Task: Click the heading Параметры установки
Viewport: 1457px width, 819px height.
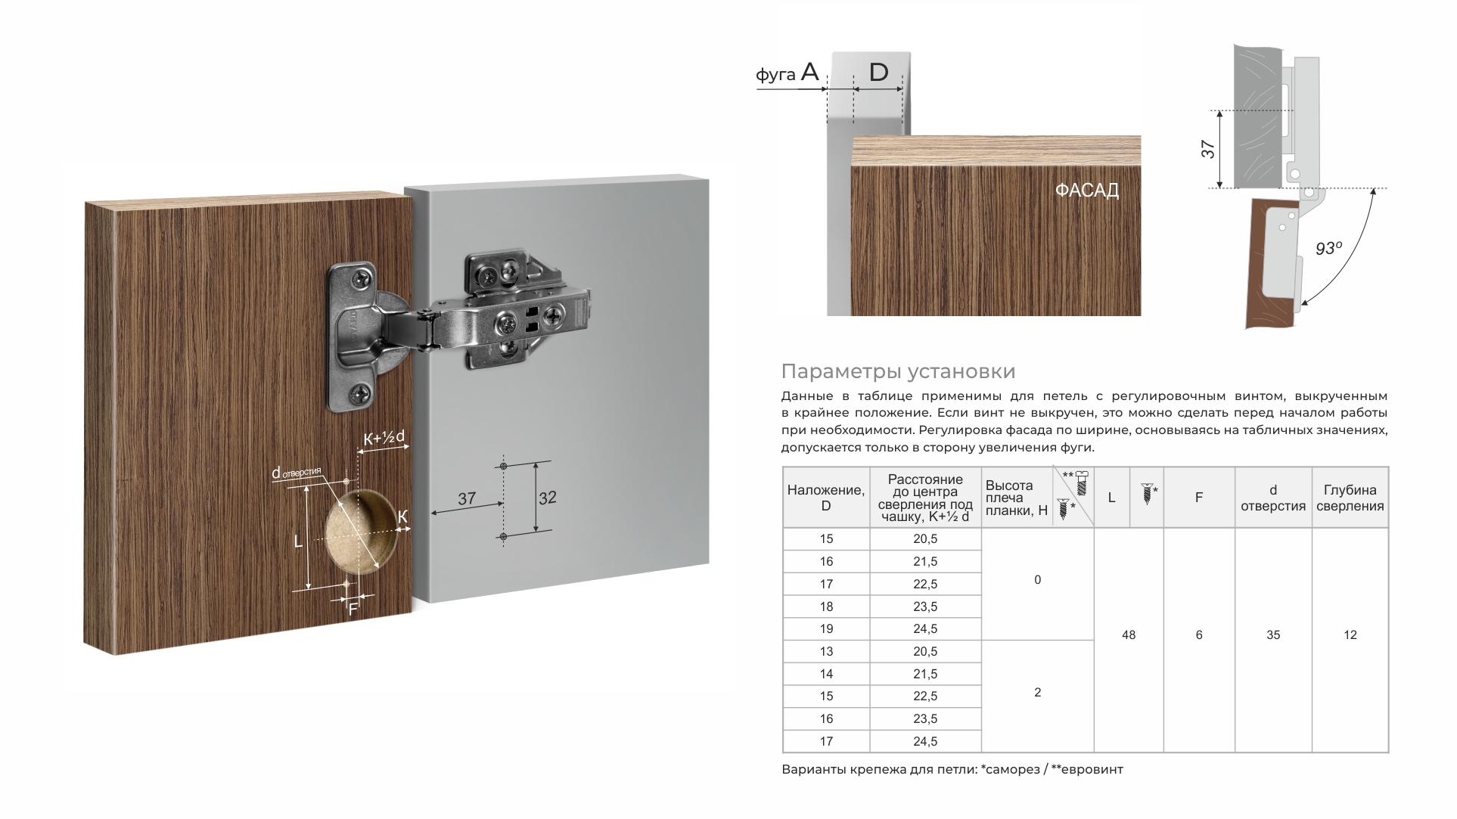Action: click(898, 371)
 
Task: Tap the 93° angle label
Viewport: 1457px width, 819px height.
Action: click(1328, 247)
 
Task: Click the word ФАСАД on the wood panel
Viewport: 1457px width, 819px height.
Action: click(1086, 190)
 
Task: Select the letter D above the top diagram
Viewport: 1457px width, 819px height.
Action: click(878, 73)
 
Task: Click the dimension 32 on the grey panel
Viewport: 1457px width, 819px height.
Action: click(547, 498)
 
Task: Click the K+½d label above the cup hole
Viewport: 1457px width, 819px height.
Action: click(384, 438)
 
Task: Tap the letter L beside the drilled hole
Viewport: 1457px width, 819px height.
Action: click(298, 541)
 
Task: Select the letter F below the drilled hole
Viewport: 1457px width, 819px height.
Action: click(353, 609)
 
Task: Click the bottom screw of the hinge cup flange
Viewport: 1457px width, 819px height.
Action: click(361, 393)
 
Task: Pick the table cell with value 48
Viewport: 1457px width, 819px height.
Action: click(1128, 635)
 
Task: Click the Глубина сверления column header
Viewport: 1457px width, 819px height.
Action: click(1350, 498)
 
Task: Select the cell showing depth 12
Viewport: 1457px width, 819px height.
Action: click(1350, 635)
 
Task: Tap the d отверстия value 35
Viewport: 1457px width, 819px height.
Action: click(1272, 635)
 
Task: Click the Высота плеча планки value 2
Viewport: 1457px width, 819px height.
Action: click(1037, 693)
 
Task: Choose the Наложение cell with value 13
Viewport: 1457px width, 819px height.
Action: click(825, 652)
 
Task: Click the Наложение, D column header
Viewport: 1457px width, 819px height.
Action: click(825, 498)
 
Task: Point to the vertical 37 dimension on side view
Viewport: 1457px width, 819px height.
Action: click(1208, 149)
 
